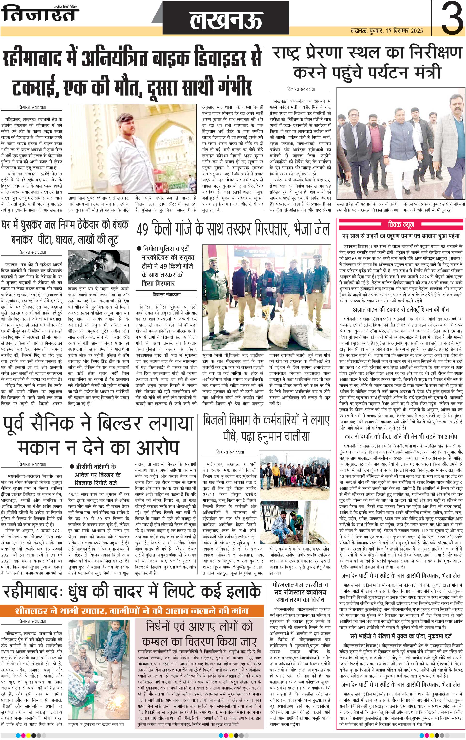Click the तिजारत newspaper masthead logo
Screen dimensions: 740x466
pos(40,14)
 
